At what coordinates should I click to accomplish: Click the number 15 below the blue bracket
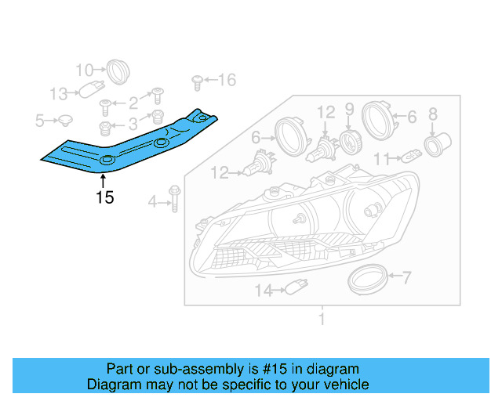[105, 197]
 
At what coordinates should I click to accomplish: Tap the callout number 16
[226, 79]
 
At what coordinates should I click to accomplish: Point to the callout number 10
[84, 69]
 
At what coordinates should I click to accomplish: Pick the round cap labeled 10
[118, 70]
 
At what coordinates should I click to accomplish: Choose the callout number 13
[60, 95]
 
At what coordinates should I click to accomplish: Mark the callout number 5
[40, 121]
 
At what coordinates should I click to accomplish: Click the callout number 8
[432, 114]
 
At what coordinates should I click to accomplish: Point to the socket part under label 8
[435, 145]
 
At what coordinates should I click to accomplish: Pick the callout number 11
[381, 159]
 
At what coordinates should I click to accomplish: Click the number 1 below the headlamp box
[321, 319]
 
